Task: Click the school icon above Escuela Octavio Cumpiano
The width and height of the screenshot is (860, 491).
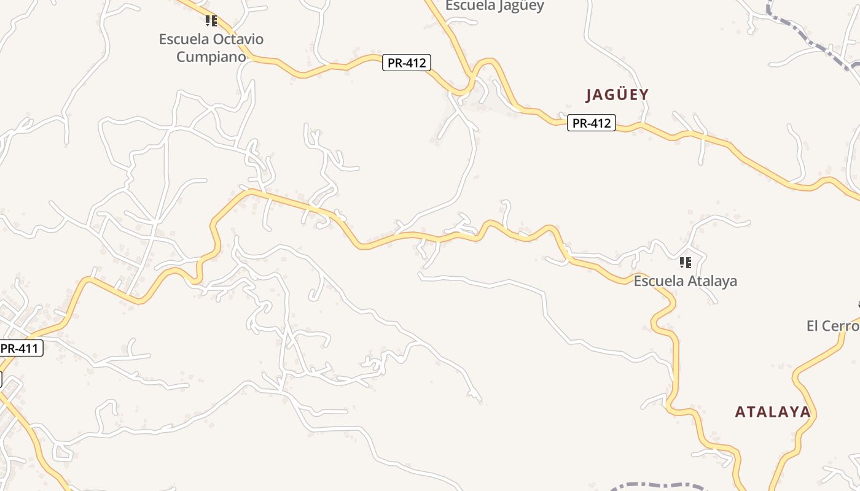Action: pos(211,21)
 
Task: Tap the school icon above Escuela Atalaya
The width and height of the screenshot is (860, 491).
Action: pos(686,263)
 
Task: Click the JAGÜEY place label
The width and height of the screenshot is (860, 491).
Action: pos(617,95)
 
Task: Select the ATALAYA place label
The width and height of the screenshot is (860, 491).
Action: pos(773,412)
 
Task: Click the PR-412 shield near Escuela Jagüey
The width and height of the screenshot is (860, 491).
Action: pos(406,63)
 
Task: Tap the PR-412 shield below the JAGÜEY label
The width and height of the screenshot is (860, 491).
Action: pos(590,123)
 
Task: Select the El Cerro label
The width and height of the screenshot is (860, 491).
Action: pos(832,326)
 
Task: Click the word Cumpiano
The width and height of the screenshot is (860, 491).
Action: pos(211,57)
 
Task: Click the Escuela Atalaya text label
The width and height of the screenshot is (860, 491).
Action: pos(685,281)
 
